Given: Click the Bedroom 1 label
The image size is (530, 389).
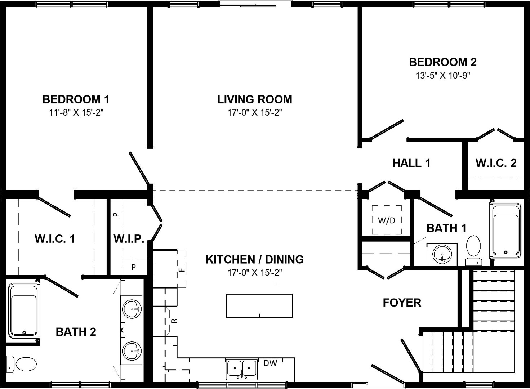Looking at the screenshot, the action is pos(76,99).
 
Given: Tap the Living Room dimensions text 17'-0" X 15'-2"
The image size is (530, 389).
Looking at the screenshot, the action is pos(255,113).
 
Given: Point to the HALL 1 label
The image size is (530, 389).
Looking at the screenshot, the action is pos(411,163).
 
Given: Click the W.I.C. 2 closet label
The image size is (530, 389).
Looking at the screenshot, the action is pos(496,163).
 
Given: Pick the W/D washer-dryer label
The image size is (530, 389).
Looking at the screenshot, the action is pos(386,221).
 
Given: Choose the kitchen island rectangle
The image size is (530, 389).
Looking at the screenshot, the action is pos(259,306).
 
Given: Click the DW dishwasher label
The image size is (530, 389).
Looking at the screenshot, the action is pos(270,363).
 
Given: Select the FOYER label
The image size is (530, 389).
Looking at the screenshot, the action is pos(402,303).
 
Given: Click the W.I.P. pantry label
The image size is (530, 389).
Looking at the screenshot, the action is pos(129,239).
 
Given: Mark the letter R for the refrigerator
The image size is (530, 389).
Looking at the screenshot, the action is pos(174,321).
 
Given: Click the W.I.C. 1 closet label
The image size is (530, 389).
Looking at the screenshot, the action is pos(55,239).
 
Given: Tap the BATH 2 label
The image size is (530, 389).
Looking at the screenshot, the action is pos(76,332).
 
